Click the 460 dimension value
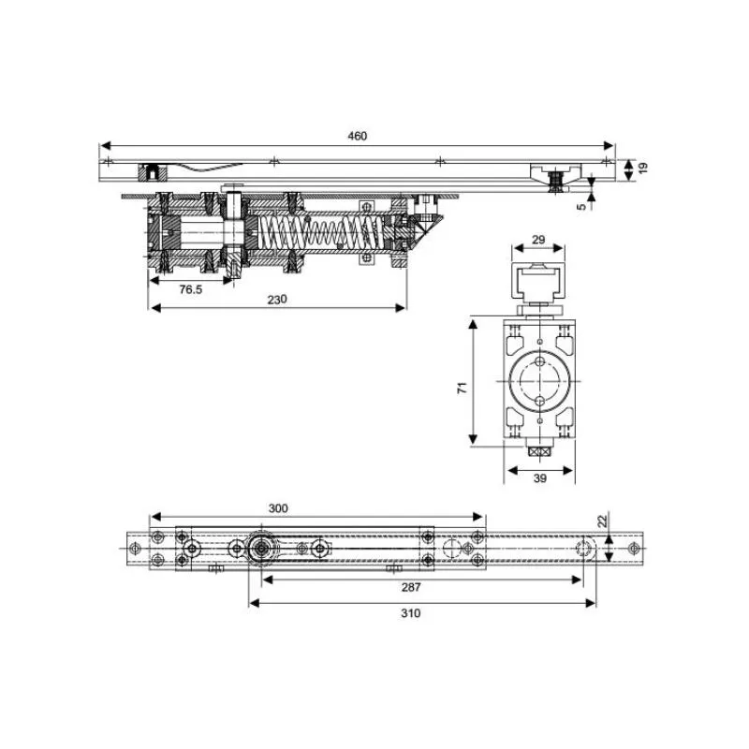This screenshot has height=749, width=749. [x=358, y=136]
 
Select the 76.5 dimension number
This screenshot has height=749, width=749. [x=191, y=289]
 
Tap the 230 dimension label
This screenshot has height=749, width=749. [x=277, y=300]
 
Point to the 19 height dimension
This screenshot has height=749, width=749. [x=643, y=168]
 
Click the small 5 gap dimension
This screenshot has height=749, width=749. [x=580, y=206]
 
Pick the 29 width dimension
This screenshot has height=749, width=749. [x=538, y=240]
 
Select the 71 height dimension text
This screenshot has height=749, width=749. [x=463, y=388]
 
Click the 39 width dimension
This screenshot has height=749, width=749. [x=539, y=478]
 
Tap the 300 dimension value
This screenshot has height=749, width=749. [x=278, y=508]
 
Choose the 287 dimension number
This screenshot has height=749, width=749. [x=411, y=587]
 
